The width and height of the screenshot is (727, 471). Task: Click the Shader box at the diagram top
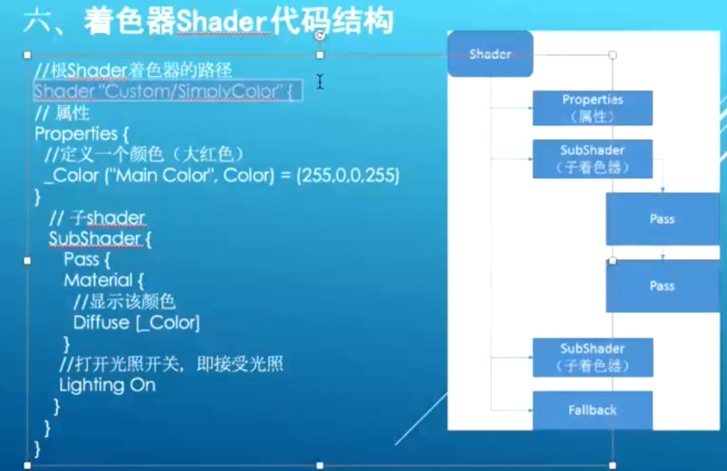point(490,54)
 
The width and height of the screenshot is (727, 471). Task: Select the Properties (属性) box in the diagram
point(592,108)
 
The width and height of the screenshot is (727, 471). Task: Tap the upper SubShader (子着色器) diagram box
point(592,159)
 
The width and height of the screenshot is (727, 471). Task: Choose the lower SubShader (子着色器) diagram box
point(592,357)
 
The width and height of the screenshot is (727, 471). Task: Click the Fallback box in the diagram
point(592,410)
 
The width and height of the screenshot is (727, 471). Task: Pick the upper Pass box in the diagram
point(661,219)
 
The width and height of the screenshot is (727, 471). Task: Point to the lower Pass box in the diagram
point(661,286)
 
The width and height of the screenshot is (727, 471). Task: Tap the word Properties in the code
point(76,134)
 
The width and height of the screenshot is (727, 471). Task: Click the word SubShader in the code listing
point(94,240)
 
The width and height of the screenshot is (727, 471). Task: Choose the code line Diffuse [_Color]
point(136,323)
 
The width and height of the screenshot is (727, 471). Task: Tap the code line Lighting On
point(107,385)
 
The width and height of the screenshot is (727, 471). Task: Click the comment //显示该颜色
point(124,302)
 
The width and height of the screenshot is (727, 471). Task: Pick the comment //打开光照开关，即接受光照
point(171,364)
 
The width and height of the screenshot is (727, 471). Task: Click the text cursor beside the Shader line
point(320,82)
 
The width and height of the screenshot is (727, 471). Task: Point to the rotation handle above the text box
point(321,36)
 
